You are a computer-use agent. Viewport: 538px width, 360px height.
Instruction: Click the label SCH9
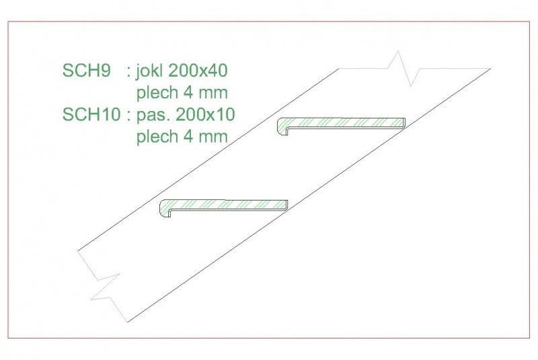pos(87,71)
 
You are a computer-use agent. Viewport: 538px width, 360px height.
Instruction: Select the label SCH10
pos(91,114)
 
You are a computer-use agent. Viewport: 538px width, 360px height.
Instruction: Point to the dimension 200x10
pos(205,114)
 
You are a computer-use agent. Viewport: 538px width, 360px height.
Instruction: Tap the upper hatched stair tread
pos(341,122)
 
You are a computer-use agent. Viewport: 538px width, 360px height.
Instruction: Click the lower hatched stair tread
pos(223,204)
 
